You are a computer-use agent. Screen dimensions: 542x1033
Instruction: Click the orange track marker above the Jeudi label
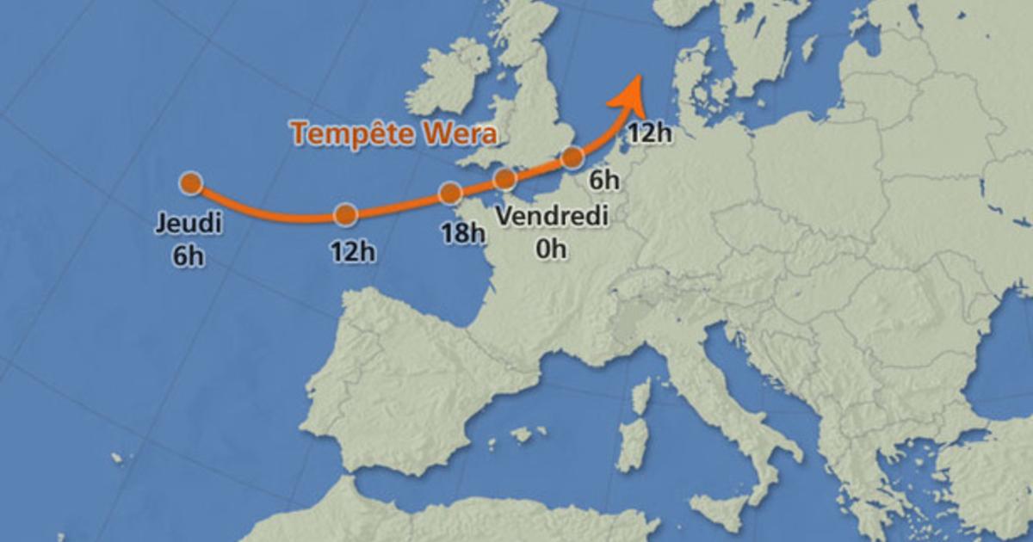[191, 182]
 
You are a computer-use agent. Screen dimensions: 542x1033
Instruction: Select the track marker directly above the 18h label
[450, 193]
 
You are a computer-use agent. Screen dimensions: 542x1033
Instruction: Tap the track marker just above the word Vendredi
[505, 179]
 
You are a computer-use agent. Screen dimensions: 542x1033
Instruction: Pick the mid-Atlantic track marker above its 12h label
[345, 214]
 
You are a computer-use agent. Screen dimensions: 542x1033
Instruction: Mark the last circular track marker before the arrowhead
[572, 157]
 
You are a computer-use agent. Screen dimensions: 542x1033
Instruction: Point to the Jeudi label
[189, 225]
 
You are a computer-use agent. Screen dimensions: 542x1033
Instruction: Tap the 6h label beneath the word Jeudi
[189, 256]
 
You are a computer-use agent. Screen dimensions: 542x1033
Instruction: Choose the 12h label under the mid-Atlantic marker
[353, 252]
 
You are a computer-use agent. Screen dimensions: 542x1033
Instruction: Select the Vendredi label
[552, 215]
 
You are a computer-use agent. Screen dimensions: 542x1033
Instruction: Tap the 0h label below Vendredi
[552, 249]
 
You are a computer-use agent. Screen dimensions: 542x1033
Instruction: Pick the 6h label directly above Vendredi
[605, 180]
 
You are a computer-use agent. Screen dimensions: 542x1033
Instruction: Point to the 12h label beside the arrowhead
[650, 132]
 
